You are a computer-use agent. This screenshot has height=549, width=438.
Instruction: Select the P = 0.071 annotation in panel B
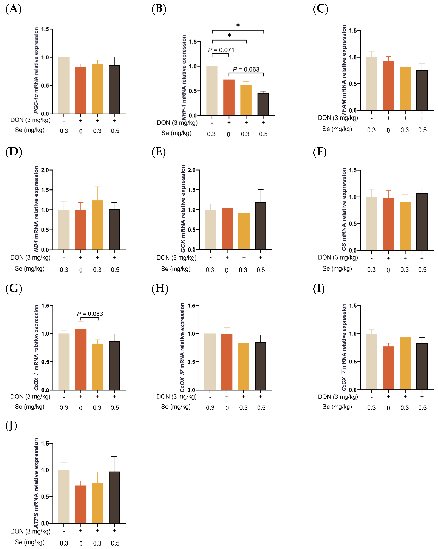coord(221,50)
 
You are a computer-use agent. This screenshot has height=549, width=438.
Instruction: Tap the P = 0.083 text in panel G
coord(90,314)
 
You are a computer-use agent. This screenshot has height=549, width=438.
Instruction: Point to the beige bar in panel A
coord(64,86)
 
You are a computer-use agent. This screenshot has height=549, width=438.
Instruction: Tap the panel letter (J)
coord(11,425)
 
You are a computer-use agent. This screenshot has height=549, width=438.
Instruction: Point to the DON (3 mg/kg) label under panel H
coord(176,397)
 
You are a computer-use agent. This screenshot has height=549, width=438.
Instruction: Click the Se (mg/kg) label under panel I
coord(337,407)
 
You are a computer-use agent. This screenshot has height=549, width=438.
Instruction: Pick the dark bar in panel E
coord(260,226)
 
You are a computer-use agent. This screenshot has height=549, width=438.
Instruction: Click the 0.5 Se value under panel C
coord(422,130)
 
